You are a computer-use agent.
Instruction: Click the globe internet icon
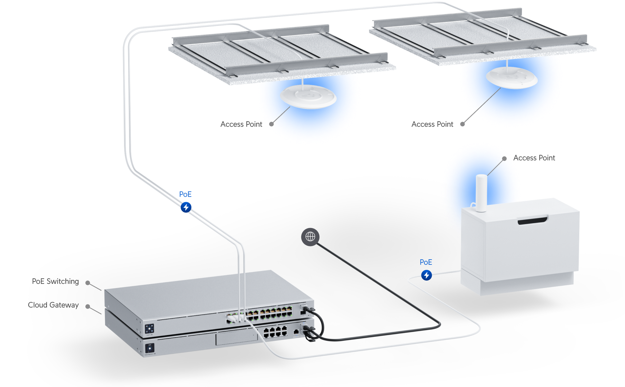click(x=310, y=237)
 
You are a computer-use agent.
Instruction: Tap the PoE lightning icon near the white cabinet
click(x=427, y=275)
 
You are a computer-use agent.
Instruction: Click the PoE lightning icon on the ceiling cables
click(x=186, y=207)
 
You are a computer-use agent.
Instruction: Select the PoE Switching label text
click(x=55, y=282)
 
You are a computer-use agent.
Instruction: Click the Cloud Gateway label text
click(x=53, y=305)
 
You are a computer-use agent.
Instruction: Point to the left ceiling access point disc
click(x=308, y=96)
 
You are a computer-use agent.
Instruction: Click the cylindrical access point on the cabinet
click(x=481, y=193)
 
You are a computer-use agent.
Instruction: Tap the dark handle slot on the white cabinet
click(x=532, y=221)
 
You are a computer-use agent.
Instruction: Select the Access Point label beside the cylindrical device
click(x=534, y=158)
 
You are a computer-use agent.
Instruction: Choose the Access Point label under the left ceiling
click(x=241, y=124)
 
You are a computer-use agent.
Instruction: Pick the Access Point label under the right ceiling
click(x=432, y=124)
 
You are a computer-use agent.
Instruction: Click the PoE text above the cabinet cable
click(x=426, y=262)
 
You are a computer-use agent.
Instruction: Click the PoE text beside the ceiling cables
click(x=185, y=194)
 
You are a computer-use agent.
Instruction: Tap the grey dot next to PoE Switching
click(x=88, y=283)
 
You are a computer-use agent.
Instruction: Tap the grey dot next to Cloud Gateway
click(x=88, y=306)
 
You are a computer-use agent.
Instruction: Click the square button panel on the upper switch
click(x=149, y=329)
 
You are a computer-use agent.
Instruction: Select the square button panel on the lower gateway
click(x=150, y=348)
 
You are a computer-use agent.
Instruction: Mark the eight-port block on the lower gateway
click(x=275, y=332)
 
